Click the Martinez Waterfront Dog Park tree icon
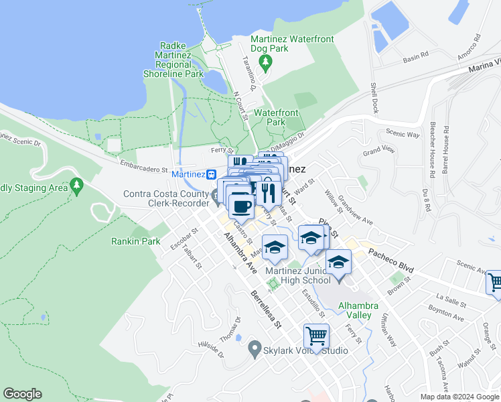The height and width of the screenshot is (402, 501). tap(267, 62)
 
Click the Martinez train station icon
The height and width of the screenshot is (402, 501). tap(211, 174)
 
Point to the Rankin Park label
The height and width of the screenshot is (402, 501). tap(136, 241)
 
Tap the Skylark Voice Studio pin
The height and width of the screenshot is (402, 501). tap(254, 349)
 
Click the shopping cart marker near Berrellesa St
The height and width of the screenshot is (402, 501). tap(316, 335)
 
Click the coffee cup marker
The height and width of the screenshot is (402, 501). tap(241, 205)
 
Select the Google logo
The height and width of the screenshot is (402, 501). tap(22, 394)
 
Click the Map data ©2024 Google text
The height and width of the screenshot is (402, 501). tap(459, 397)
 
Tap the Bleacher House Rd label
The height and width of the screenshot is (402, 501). tap(433, 149)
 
